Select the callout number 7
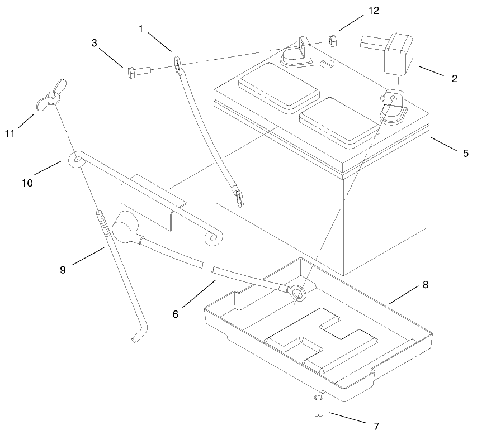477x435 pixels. [376, 426]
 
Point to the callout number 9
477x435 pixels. [63, 269]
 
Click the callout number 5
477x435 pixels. [465, 152]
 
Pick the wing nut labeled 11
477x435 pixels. [50, 95]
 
